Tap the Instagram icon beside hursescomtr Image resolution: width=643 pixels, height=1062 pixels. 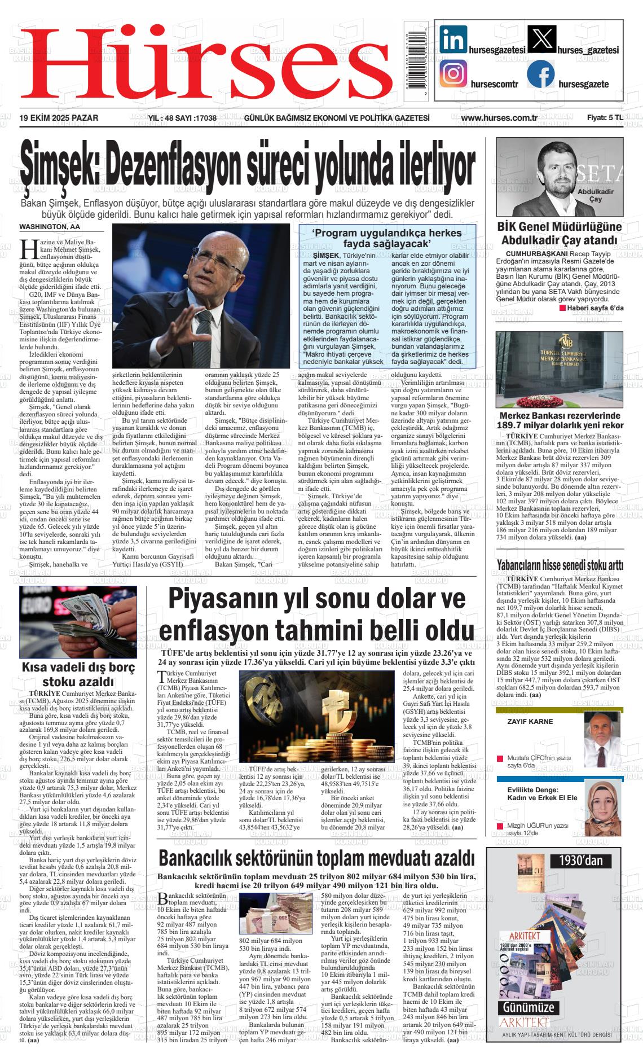click(x=453, y=74)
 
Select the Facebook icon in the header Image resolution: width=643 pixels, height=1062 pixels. click(x=540, y=74)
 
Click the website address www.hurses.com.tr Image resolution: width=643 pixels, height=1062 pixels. click(x=494, y=118)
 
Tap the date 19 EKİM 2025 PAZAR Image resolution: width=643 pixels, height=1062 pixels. click(x=59, y=118)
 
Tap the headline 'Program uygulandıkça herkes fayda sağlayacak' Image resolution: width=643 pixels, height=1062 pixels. click(x=387, y=238)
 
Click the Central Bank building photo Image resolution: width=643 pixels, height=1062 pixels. click(x=559, y=368)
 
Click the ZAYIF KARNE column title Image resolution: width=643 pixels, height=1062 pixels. click(x=530, y=721)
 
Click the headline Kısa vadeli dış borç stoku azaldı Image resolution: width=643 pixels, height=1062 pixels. click(x=78, y=674)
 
